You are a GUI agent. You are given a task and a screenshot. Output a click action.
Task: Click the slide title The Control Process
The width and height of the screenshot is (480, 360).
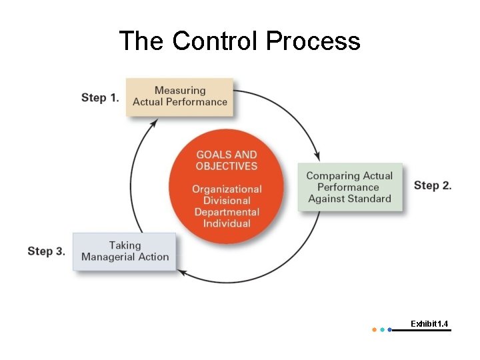point(239,41)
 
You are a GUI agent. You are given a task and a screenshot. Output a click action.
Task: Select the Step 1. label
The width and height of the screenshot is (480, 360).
point(100,97)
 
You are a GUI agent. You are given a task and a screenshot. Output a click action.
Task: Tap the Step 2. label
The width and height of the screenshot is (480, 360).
point(433,185)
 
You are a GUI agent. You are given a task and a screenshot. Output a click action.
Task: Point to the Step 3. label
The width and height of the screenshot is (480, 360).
point(46,251)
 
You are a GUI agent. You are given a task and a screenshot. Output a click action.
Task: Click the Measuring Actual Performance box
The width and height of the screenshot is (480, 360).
point(180,96)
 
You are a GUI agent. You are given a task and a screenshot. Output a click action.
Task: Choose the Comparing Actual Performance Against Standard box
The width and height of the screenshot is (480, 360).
point(349,187)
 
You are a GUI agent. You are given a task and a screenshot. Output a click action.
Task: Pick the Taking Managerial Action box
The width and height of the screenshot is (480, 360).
point(125,251)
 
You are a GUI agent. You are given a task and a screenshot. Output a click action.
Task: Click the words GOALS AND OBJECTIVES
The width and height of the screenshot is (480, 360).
point(227,160)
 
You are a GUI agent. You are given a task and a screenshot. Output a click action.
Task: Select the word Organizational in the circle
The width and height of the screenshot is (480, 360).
point(227,189)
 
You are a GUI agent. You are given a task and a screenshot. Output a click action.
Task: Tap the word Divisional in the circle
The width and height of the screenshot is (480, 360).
point(227,201)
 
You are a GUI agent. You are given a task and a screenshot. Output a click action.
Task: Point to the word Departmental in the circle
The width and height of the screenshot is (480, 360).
point(227,212)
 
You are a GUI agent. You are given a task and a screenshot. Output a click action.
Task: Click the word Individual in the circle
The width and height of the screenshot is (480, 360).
point(227,223)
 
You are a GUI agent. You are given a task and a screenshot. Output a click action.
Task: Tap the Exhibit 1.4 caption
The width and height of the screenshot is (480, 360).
point(429,324)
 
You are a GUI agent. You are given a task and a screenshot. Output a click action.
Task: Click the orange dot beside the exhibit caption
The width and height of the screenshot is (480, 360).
point(374,329)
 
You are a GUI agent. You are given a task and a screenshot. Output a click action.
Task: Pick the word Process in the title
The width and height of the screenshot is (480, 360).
point(313,41)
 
